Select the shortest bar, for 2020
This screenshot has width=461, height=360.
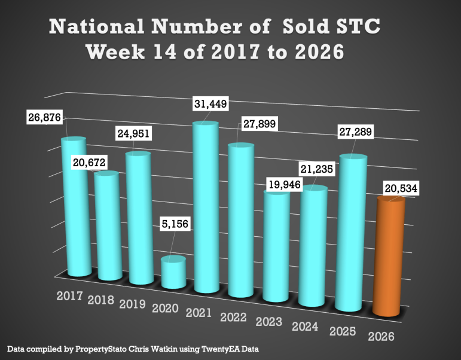pyautogui.click(x=173, y=272)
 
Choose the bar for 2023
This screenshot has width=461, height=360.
pyautogui.click(x=277, y=245)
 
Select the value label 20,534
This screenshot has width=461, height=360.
pyautogui.click(x=399, y=189)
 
